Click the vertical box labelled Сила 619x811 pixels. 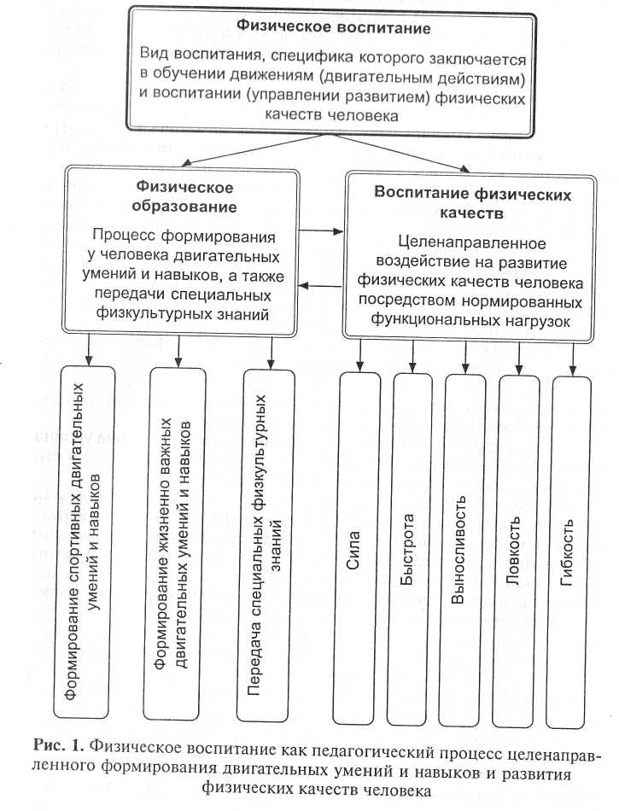(359, 546)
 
